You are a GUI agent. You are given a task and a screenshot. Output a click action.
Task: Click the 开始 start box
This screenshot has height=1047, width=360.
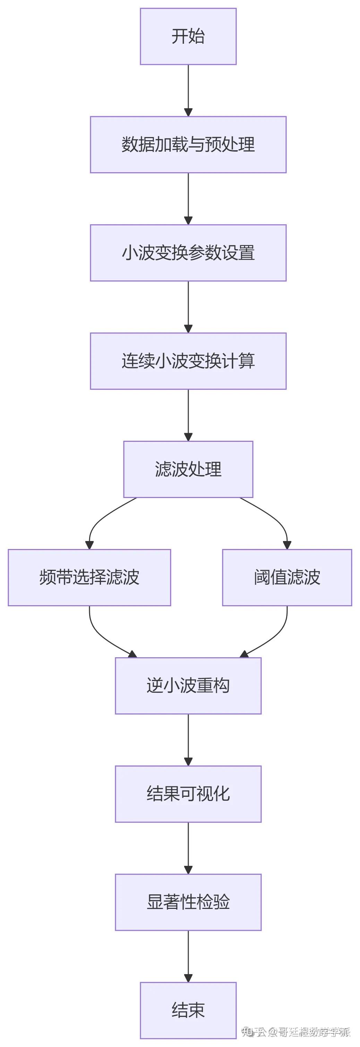(x=188, y=36)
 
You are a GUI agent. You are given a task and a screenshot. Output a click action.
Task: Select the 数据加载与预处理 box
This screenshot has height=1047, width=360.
(x=188, y=144)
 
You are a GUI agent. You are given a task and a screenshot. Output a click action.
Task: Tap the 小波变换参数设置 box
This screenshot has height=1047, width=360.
(x=188, y=252)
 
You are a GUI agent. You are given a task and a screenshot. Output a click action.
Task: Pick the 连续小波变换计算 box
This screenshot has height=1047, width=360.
(x=188, y=361)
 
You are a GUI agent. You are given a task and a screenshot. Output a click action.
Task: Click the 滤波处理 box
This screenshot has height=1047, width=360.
(x=188, y=469)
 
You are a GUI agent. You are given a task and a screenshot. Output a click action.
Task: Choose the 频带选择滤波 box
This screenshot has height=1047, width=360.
(x=89, y=577)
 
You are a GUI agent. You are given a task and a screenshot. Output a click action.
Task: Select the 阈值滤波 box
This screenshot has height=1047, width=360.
(x=287, y=577)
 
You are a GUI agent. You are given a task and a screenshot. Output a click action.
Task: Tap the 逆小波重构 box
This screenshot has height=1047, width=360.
(x=188, y=685)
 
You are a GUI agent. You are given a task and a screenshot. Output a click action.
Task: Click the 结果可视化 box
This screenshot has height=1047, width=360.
(x=188, y=793)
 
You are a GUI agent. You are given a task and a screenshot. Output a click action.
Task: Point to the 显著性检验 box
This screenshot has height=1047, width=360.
(x=188, y=902)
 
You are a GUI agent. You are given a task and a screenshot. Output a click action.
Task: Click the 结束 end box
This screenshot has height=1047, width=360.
(x=188, y=1010)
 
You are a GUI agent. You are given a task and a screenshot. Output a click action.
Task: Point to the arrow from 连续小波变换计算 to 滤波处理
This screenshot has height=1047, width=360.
(x=188, y=415)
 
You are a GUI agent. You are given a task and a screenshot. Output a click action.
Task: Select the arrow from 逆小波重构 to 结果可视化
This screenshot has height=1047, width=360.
(x=188, y=739)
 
